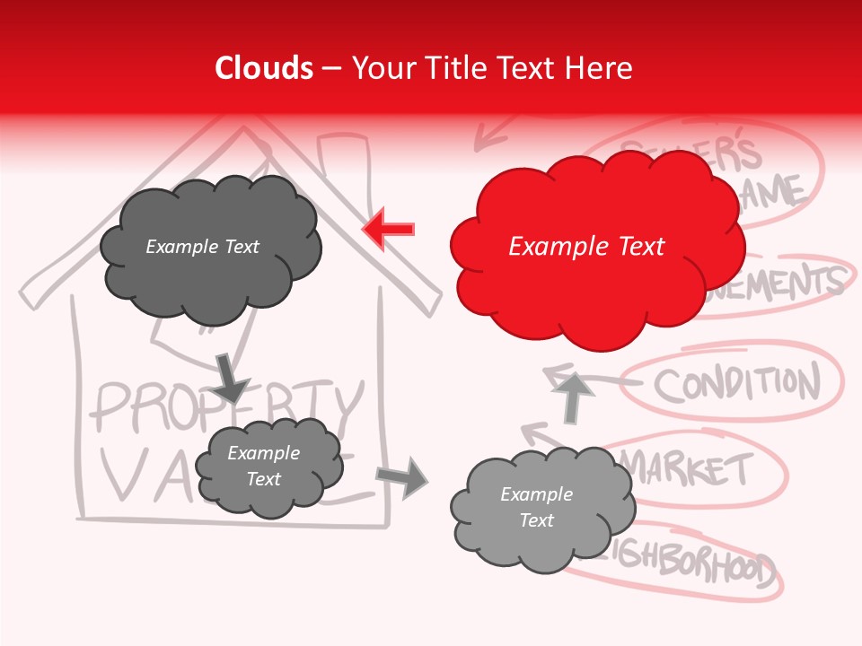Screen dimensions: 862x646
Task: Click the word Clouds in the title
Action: [x=263, y=68]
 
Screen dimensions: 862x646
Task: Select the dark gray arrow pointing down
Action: [x=230, y=378]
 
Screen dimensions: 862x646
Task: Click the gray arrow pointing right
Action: [x=402, y=476]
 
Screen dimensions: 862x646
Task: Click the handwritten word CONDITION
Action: [x=736, y=384]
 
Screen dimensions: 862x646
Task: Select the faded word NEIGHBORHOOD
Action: [x=691, y=565]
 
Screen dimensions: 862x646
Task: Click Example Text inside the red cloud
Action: [x=586, y=247]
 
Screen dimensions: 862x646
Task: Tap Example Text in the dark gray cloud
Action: [x=202, y=247]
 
